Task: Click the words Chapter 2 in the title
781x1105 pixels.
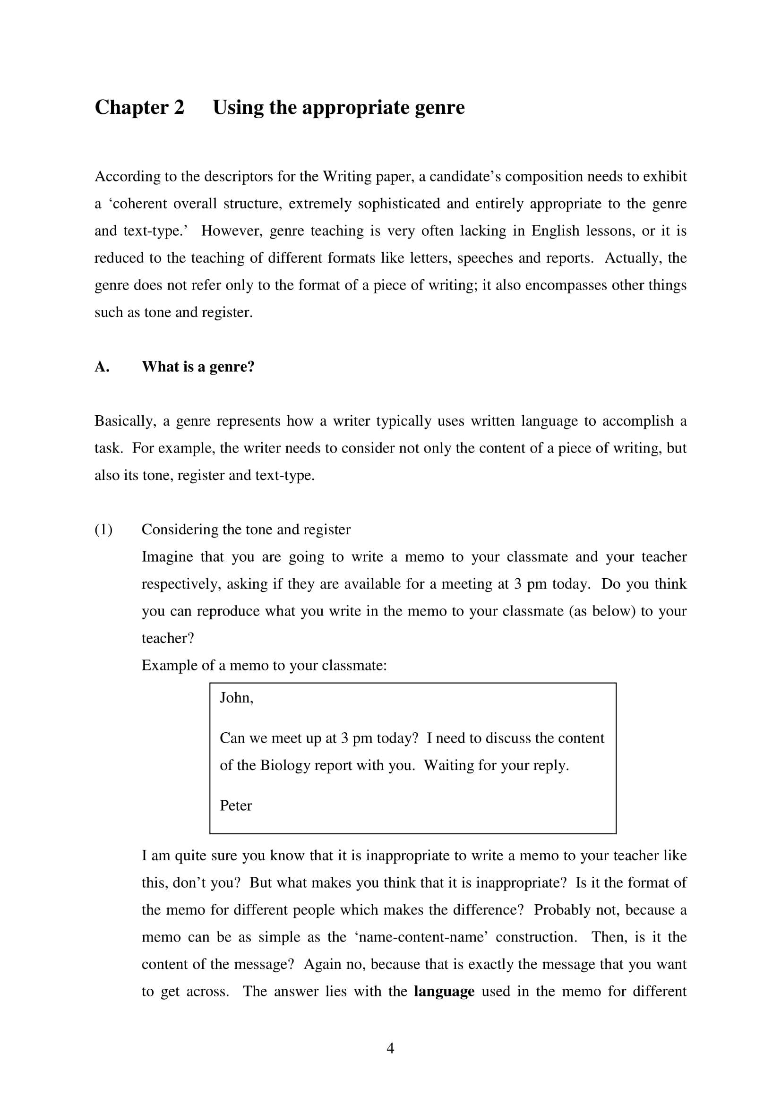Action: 139,107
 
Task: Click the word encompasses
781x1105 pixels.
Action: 566,285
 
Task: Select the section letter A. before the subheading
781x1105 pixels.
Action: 102,367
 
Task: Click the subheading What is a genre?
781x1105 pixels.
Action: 198,367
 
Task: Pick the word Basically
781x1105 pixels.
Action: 125,421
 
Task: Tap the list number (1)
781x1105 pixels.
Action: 103,530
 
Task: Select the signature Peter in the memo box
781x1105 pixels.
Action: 236,805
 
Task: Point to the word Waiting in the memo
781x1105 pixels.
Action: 447,765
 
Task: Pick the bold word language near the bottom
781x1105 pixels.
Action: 444,992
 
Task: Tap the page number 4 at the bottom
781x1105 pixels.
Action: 390,1048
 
